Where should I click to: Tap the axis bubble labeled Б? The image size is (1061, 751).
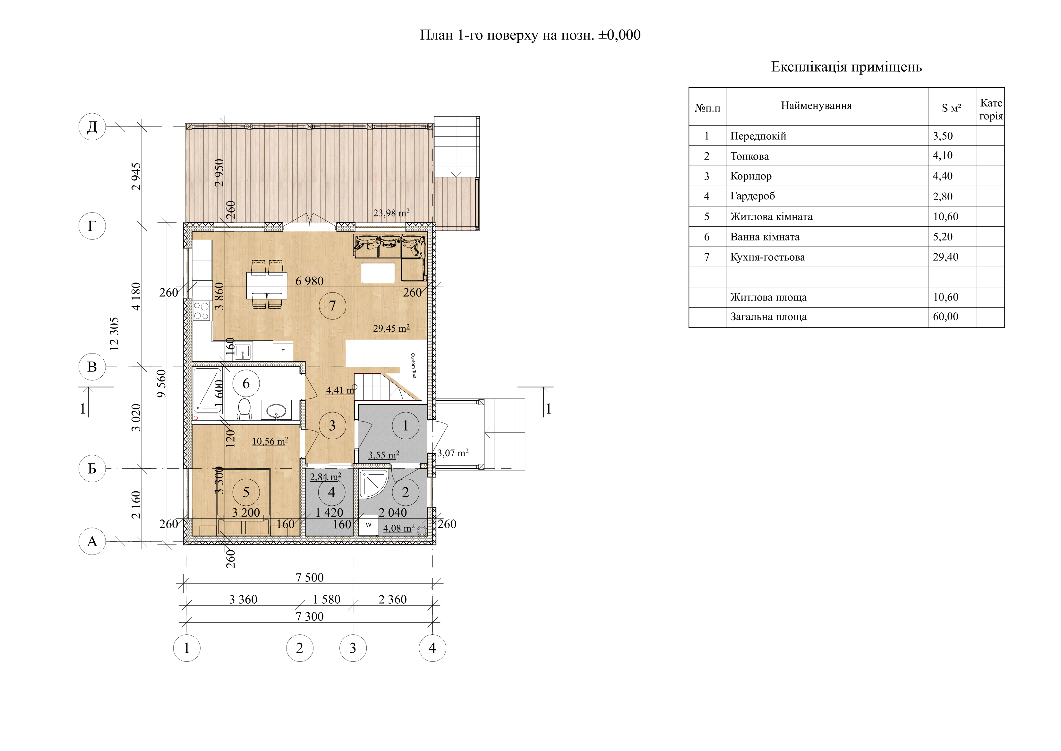pos(92,468)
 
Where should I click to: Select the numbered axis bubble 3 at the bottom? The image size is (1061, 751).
pos(353,648)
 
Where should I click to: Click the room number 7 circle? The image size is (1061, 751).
pos(332,306)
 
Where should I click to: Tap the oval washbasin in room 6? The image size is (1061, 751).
pos(276,410)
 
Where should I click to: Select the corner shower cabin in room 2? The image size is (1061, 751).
pos(373,485)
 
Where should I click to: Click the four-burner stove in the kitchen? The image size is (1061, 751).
pos(201,310)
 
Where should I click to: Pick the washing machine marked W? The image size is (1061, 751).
pos(368,525)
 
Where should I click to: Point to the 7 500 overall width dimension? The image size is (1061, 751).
pos(310,578)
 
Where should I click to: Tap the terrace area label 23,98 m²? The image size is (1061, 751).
pos(391,213)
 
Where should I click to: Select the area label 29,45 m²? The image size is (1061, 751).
pos(391,328)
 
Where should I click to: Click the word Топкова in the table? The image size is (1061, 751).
pos(749,156)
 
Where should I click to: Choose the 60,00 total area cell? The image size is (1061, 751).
pos(945,317)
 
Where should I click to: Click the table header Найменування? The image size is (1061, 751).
pos(816,106)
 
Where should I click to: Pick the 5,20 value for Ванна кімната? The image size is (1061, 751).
pos(943,237)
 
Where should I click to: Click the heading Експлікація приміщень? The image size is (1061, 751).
pos(847,67)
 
